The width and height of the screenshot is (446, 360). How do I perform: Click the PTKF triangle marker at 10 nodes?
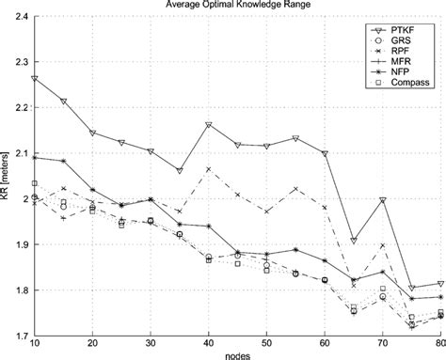click(35, 79)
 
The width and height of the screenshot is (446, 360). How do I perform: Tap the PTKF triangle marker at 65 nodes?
click(354, 242)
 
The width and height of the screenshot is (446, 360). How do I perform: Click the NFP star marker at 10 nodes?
click(35, 158)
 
